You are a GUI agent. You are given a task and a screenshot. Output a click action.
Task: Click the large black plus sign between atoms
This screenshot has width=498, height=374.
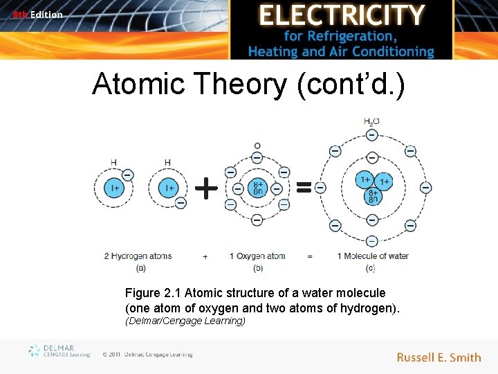[x=205, y=187]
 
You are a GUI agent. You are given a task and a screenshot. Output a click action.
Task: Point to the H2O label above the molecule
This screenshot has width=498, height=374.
[x=371, y=122]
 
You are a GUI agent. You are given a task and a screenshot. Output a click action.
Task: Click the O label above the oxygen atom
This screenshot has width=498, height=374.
[x=257, y=146]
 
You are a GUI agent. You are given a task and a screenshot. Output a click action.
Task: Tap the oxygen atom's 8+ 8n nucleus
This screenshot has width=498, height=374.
[x=257, y=188]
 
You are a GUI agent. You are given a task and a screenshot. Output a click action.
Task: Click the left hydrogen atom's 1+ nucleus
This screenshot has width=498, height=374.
[x=113, y=188]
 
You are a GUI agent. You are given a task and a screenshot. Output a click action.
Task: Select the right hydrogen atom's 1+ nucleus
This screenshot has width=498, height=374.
[x=167, y=188]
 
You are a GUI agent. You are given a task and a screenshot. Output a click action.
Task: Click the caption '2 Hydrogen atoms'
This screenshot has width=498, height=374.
[x=138, y=256]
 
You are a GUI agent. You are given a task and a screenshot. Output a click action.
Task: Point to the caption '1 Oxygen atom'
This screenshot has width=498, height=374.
[x=257, y=256]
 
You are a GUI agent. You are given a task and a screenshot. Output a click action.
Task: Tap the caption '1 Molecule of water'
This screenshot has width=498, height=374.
[x=373, y=256]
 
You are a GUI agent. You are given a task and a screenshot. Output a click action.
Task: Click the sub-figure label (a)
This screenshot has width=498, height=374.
[x=141, y=267]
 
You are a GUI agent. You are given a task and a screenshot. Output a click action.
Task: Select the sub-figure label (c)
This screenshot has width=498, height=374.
[x=371, y=267]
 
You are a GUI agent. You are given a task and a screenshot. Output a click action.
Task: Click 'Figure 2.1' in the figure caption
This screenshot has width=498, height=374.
[x=153, y=293]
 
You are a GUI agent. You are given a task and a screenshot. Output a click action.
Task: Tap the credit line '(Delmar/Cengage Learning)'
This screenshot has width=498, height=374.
[x=185, y=321]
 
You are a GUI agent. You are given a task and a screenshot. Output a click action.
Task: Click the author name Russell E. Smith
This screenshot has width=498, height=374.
[x=439, y=357]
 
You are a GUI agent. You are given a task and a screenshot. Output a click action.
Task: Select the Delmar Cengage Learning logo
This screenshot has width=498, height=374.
[x=59, y=351]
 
